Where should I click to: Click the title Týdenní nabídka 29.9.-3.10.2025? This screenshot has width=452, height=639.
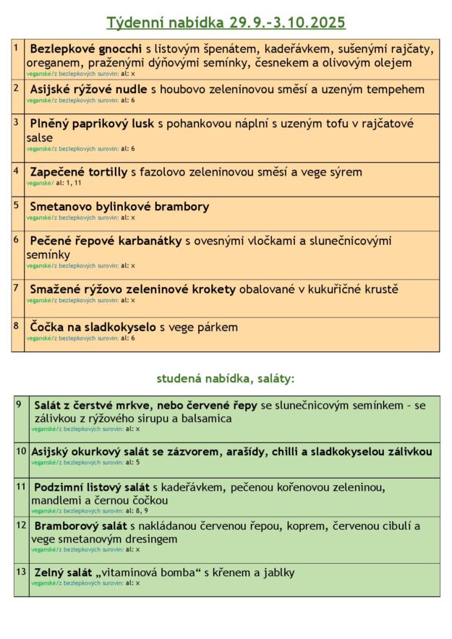click(226, 22)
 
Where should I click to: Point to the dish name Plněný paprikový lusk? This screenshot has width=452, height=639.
click(91, 124)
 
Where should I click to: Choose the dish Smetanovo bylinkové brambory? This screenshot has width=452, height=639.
click(119, 207)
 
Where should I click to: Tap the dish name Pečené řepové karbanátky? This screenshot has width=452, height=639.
click(106, 241)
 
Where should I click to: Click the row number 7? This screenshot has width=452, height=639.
click(16, 287)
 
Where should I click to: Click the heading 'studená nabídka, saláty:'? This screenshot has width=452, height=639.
click(226, 378)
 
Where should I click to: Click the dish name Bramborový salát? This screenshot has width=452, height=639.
click(80, 526)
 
